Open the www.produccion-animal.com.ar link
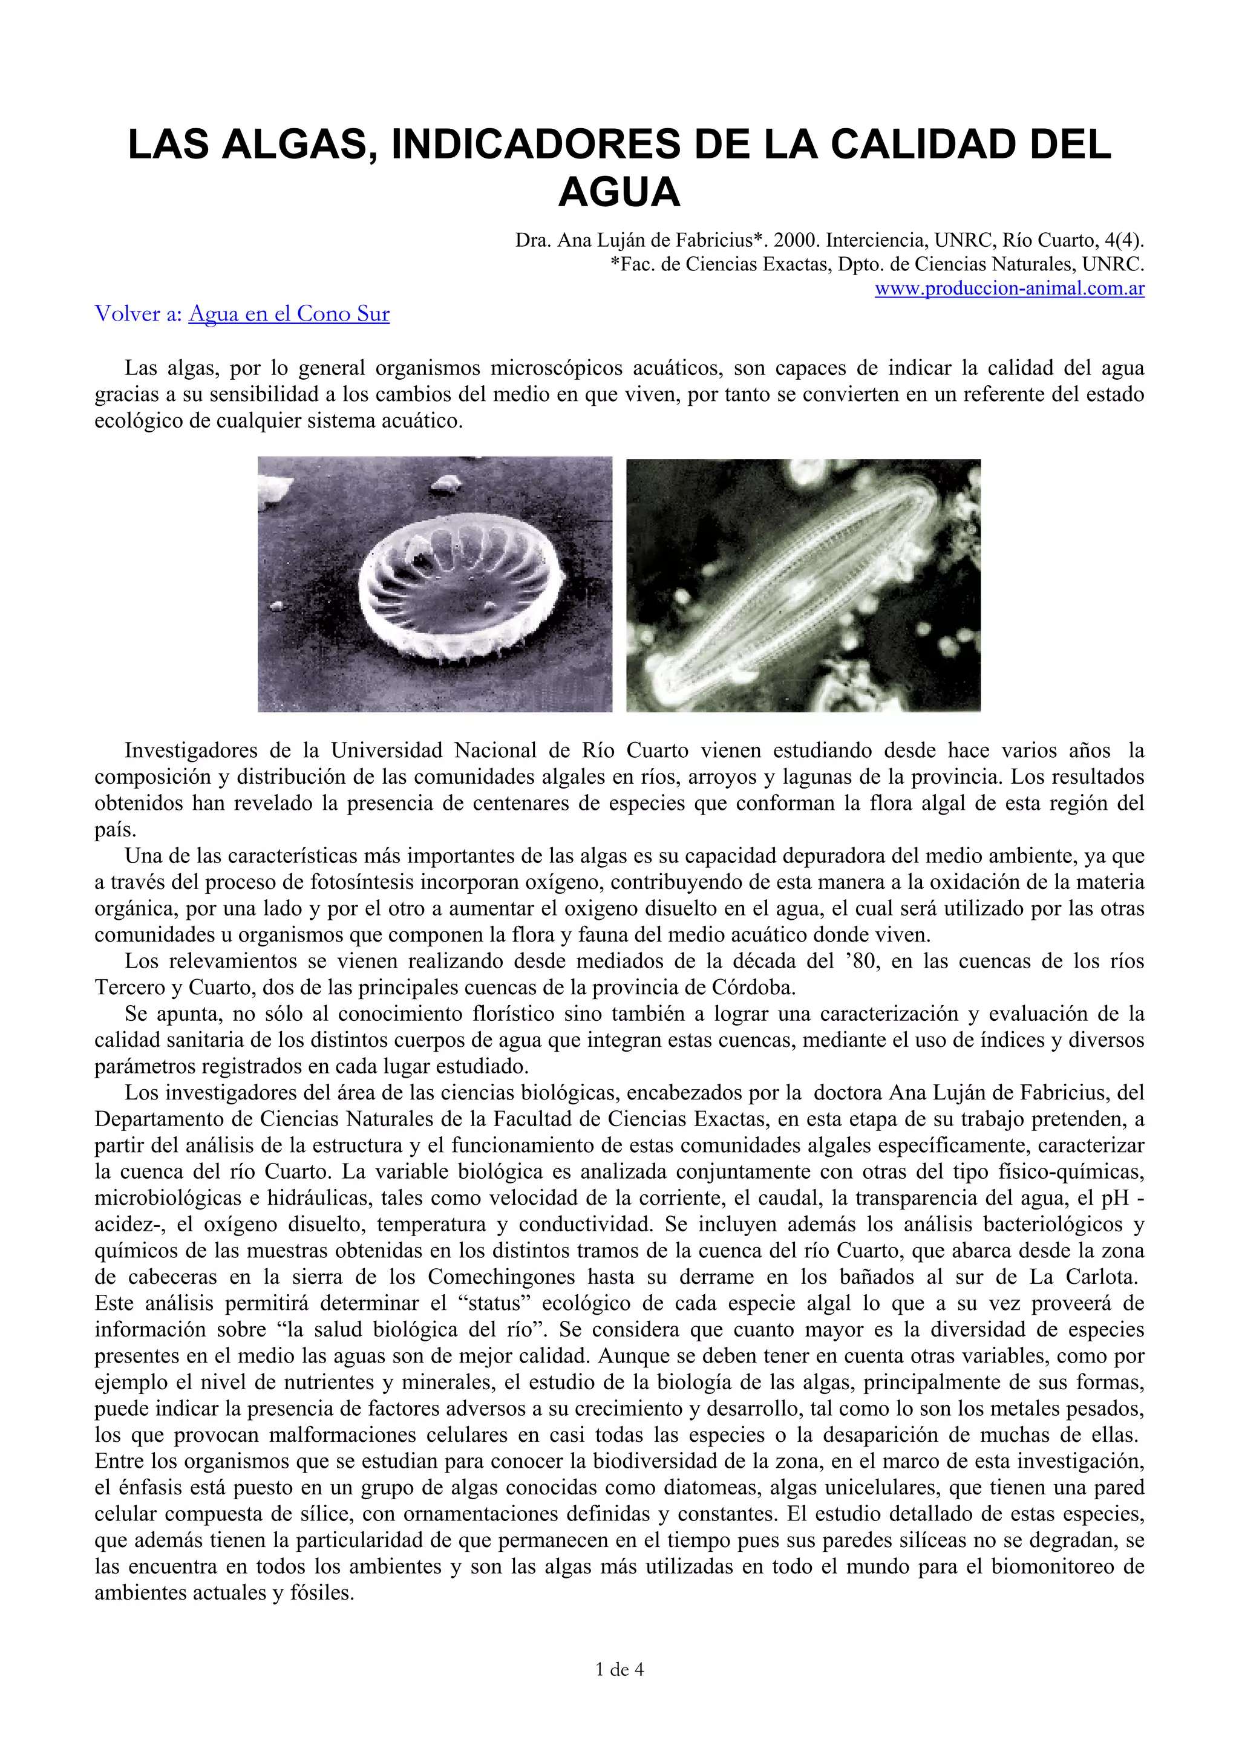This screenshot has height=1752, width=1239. [x=1009, y=289]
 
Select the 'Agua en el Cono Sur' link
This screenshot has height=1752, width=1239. [x=289, y=314]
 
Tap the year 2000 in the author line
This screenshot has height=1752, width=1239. [x=796, y=240]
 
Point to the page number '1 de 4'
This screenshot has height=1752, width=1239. [x=619, y=1670]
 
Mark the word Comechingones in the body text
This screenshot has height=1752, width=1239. [x=501, y=1277]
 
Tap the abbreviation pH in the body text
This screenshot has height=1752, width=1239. [x=1114, y=1198]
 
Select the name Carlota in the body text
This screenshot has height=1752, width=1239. [x=1102, y=1277]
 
